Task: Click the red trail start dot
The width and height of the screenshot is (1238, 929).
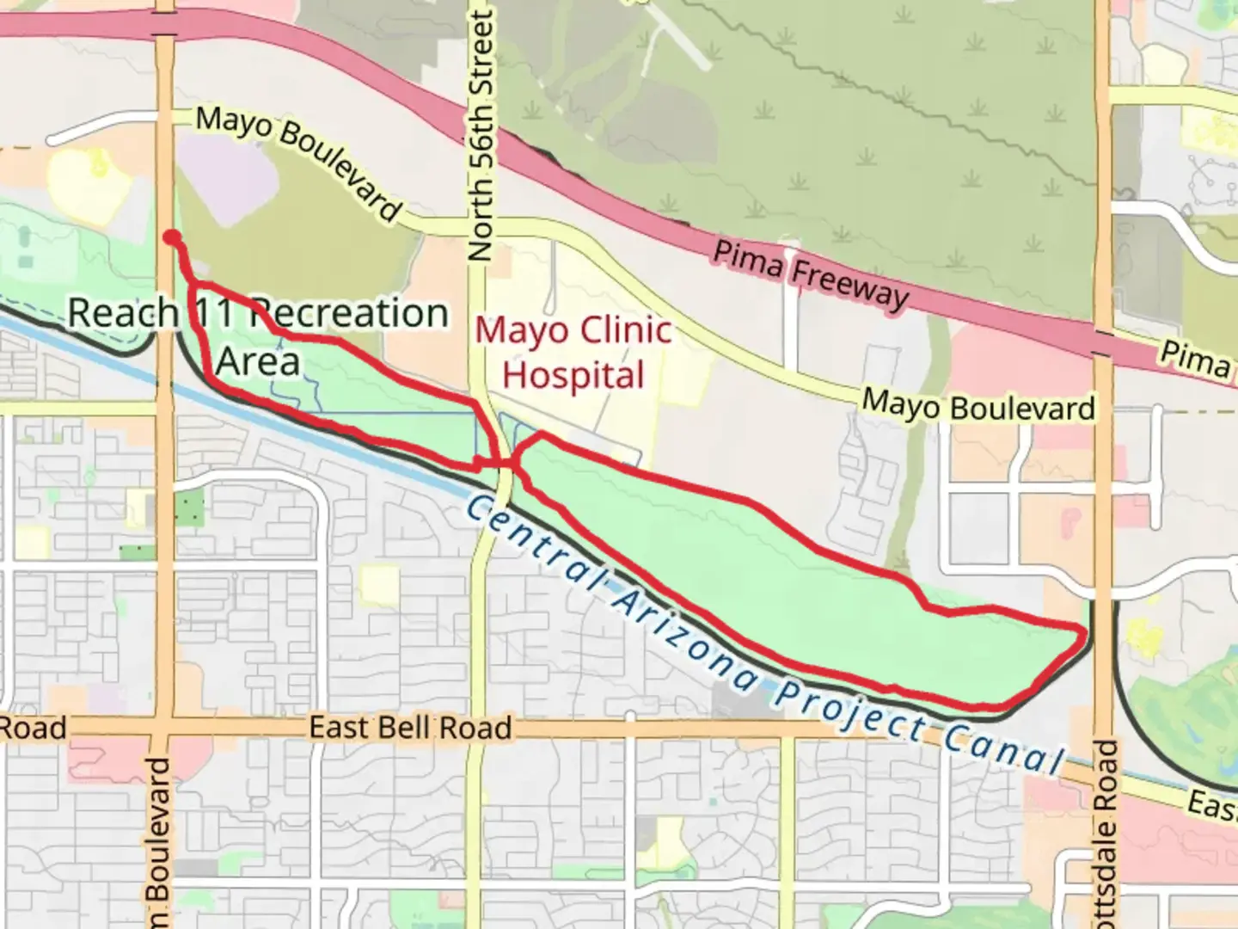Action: click(172, 237)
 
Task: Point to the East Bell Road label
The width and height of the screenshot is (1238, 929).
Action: click(410, 728)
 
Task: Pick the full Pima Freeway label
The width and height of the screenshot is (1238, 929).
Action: click(811, 274)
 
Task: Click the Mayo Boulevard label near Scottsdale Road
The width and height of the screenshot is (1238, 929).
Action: click(978, 405)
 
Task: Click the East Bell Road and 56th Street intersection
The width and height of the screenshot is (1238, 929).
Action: click(475, 728)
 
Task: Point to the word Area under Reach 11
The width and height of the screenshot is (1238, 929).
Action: click(258, 361)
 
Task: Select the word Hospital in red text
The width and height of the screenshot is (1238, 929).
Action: click(573, 376)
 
